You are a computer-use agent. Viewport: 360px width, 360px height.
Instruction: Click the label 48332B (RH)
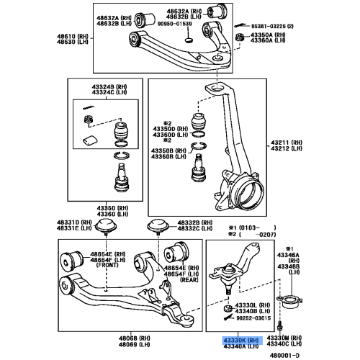tap(192, 223)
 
